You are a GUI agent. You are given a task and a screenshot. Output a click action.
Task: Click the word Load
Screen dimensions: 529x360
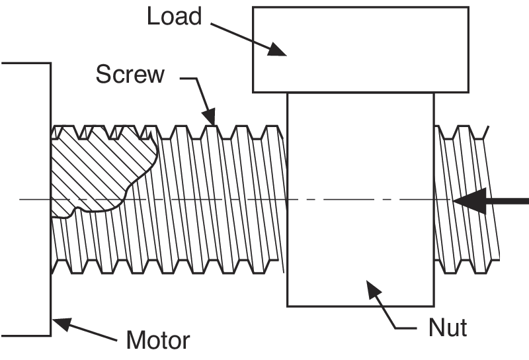pyautogui.click(x=175, y=16)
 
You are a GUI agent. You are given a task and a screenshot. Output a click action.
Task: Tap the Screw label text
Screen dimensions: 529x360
pyautogui.click(x=130, y=74)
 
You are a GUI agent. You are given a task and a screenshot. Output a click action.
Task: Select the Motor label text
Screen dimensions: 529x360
pyautogui.click(x=158, y=340)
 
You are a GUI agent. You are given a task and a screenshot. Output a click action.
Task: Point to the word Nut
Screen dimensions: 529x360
pyautogui.click(x=448, y=327)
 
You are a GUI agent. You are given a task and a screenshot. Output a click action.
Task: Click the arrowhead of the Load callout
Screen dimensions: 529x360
pyautogui.click(x=277, y=50)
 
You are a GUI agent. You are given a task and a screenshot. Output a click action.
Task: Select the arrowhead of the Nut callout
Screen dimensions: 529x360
pyautogui.click(x=374, y=289)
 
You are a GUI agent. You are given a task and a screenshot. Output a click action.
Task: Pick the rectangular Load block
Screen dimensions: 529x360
pyautogui.click(x=360, y=50)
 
